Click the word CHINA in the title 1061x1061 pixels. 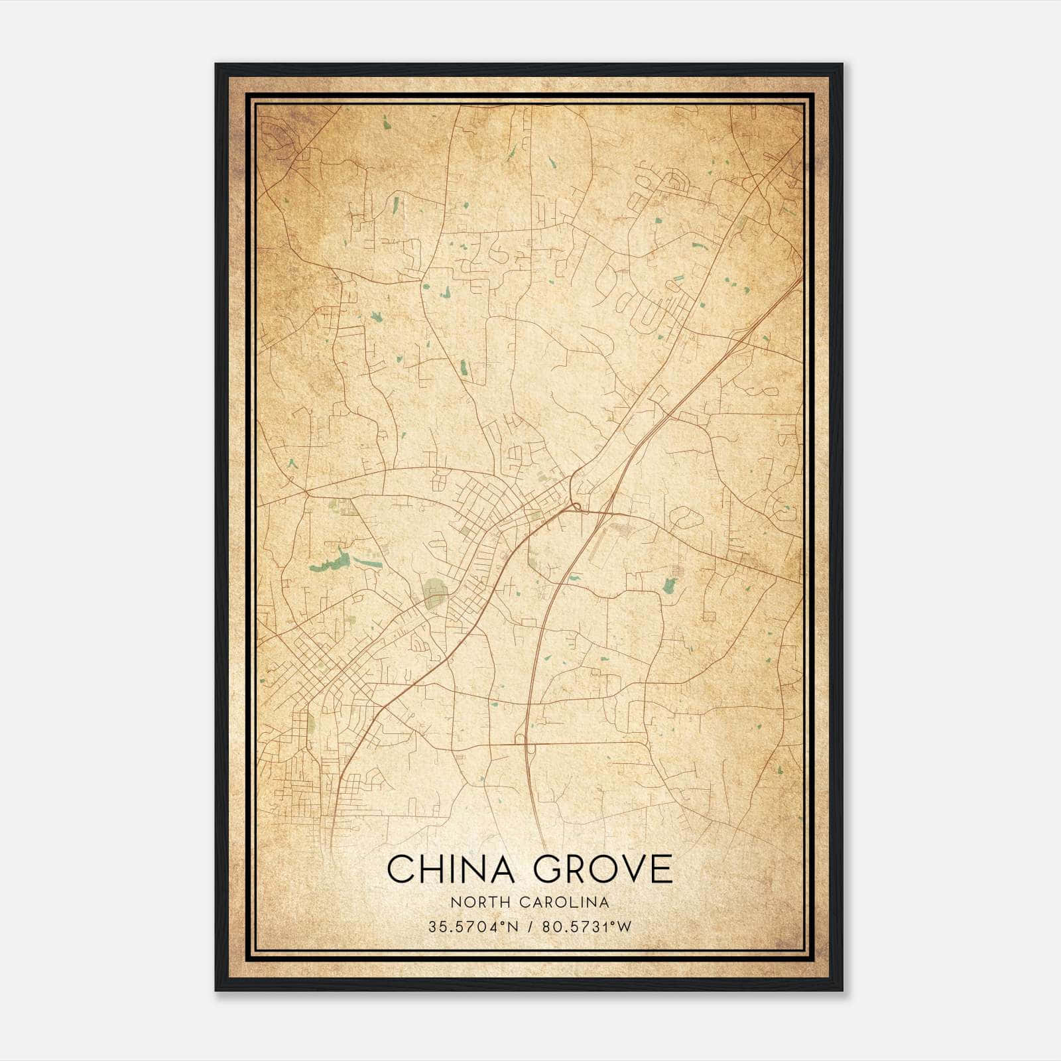(451, 869)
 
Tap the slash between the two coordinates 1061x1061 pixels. (532, 927)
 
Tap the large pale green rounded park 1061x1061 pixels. (435, 589)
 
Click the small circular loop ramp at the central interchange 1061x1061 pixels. (576, 507)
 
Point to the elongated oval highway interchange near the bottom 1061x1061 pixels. (529, 747)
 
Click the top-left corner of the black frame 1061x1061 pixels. (217, 65)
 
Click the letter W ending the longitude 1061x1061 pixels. (625, 927)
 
